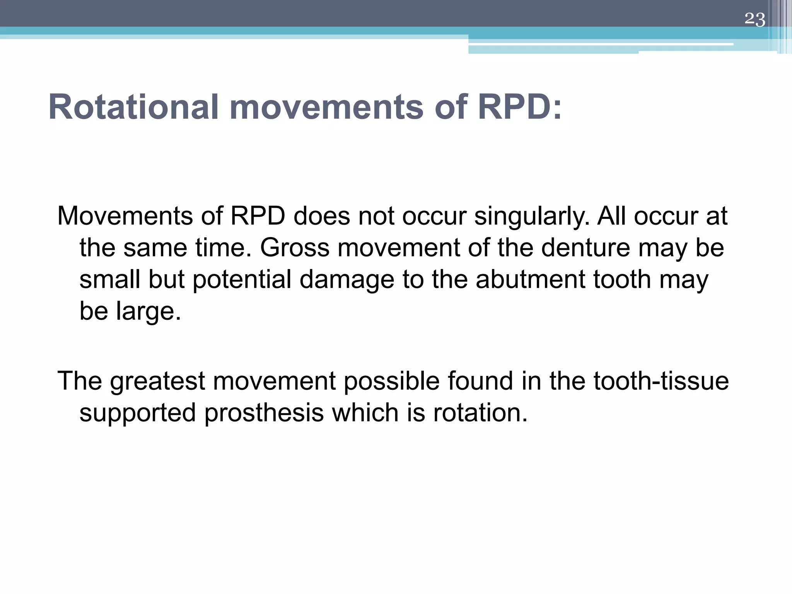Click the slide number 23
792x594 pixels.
click(x=754, y=19)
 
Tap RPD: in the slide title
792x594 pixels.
click(x=519, y=107)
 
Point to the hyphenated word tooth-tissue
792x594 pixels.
click(x=661, y=381)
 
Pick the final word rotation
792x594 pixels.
click(x=480, y=413)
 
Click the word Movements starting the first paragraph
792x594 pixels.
click(x=125, y=216)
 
